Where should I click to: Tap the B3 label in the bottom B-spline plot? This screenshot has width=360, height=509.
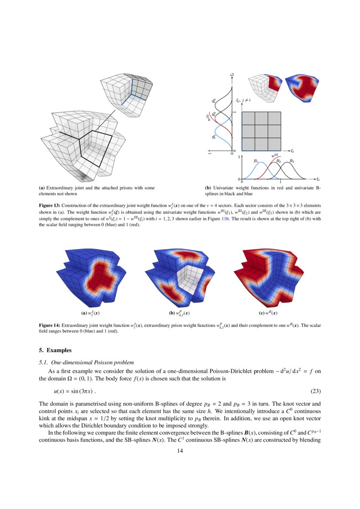pyautogui.click(x=292, y=161)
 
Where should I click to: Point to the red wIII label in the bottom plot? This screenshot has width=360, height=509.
pyautogui.click(x=275, y=155)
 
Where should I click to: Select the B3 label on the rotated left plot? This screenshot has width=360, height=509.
pyautogui.click(x=214, y=100)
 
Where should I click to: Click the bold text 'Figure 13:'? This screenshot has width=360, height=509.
pyautogui.click(x=50, y=205)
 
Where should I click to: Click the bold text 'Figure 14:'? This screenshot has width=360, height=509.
pyautogui.click(x=50, y=325)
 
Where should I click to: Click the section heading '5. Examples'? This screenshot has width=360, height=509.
pyautogui.click(x=55, y=350)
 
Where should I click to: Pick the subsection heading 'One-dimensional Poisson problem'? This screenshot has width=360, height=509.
pyautogui.click(x=92, y=362)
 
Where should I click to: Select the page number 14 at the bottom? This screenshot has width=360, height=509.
pyautogui.click(x=180, y=451)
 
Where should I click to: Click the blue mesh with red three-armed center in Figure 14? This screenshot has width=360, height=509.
pyautogui.click(x=92, y=276)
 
